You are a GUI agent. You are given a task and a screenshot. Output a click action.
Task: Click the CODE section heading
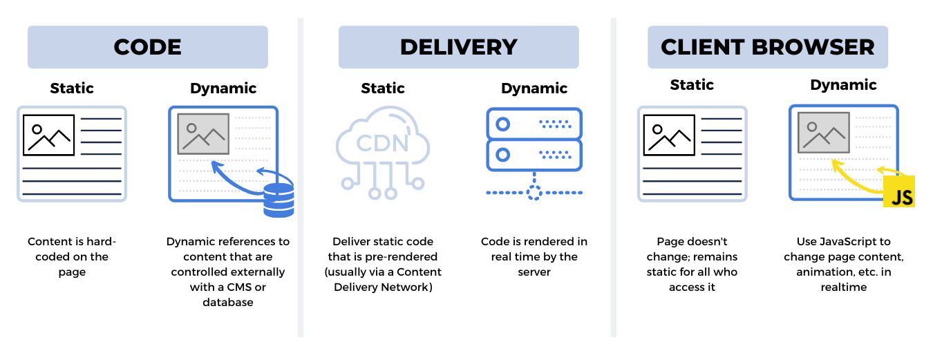[147, 47]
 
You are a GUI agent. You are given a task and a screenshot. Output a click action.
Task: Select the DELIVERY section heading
[458, 47]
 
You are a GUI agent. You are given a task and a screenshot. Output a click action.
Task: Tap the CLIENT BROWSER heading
[767, 47]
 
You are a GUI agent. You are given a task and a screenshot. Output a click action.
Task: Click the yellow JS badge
[899, 191]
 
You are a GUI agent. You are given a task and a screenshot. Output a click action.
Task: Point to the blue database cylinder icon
[279, 200]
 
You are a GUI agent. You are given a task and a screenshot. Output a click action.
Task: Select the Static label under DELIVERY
[382, 88]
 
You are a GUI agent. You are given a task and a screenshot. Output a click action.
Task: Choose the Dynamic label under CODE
[223, 88]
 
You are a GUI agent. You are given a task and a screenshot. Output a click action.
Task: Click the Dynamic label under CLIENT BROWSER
[843, 85]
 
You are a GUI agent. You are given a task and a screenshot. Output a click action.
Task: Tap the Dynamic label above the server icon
[534, 88]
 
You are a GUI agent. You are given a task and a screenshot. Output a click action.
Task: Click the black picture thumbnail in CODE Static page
[48, 135]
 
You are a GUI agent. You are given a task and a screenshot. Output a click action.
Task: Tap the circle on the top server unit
[503, 124]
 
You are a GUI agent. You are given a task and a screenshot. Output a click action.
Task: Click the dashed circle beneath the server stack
[534, 192]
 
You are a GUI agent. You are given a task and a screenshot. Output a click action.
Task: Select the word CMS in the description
[250, 287]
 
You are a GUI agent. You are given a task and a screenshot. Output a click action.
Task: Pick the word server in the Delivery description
[534, 272]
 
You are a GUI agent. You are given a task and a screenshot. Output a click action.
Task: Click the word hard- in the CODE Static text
[102, 242]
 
